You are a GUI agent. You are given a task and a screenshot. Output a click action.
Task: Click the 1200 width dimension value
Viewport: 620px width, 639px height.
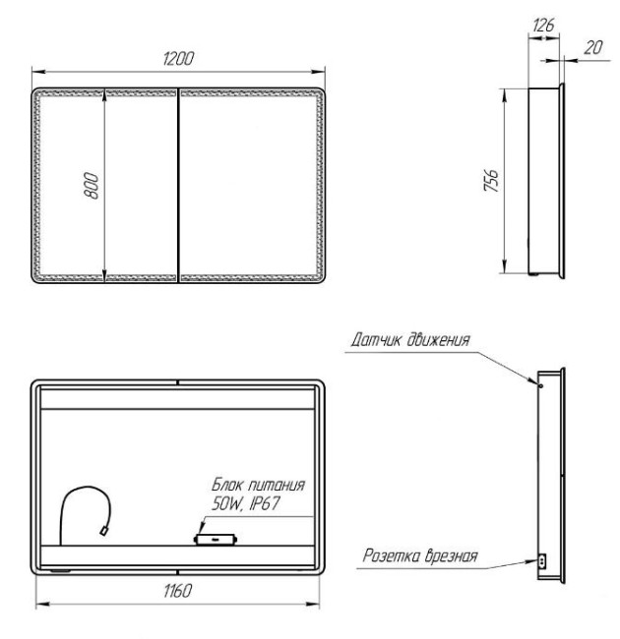click(178, 58)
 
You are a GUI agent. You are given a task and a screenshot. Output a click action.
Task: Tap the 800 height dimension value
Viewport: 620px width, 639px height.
click(91, 185)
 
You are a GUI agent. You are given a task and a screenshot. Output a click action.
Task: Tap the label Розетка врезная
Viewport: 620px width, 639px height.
click(417, 556)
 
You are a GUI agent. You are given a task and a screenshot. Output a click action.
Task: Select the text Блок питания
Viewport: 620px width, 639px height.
click(259, 485)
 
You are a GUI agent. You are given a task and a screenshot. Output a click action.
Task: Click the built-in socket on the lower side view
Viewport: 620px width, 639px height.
click(539, 560)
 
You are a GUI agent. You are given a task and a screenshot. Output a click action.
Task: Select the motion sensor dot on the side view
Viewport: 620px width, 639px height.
click(537, 384)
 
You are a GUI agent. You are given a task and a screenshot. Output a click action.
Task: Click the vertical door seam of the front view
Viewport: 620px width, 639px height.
click(177, 185)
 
